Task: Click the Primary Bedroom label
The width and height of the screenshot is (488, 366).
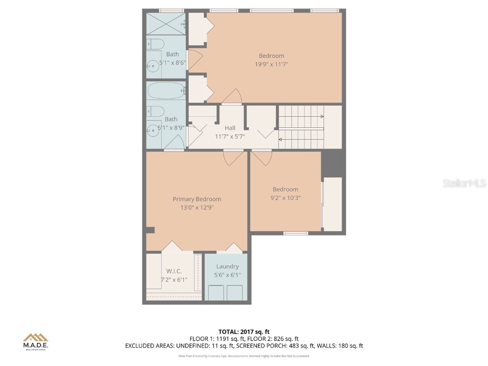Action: click(x=197, y=199)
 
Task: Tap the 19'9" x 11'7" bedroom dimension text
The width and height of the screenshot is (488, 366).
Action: click(x=271, y=64)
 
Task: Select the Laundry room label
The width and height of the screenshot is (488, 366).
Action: click(x=227, y=266)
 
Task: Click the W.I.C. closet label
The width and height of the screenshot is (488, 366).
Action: click(x=173, y=271)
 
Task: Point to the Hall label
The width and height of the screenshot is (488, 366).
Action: click(x=230, y=128)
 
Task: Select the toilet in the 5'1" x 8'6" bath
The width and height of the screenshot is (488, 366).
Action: click(x=154, y=44)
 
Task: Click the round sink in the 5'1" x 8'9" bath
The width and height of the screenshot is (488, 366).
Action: click(x=152, y=128)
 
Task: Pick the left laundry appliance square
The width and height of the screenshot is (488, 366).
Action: click(x=216, y=292)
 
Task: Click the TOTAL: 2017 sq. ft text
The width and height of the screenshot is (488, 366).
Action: click(x=244, y=332)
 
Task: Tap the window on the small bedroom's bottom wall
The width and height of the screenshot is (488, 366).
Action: click(x=296, y=233)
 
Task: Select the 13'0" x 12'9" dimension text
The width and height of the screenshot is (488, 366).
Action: click(x=197, y=208)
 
